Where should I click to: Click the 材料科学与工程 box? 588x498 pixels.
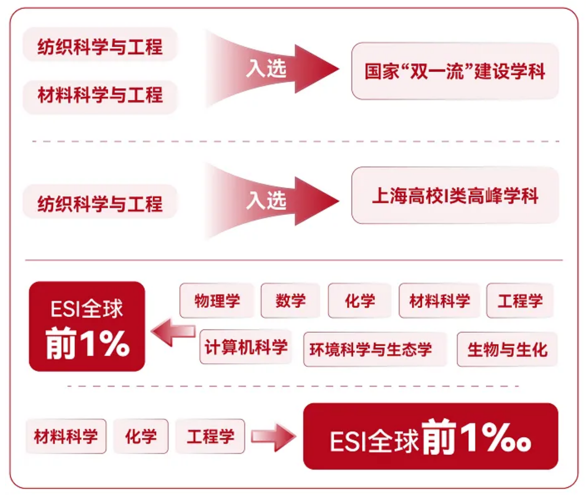pos(100,97)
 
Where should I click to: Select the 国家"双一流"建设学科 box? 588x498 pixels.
pos(455,71)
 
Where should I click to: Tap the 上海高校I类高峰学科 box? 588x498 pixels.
pos(455,195)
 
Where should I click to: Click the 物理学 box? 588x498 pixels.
pos(217,300)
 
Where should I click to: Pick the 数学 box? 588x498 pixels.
pos(290,300)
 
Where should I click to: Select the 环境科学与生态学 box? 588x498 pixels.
pos(375,349)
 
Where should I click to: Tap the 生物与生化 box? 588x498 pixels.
pos(507,349)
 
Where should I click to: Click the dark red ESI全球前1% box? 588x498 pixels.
pos(87,326)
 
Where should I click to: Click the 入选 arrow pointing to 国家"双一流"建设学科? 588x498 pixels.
pos(272,69)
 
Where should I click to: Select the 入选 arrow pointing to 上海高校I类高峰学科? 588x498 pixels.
pos(272,201)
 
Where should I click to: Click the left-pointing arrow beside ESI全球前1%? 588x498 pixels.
pos(173,332)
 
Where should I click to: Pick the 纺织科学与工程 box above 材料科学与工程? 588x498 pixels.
pos(100,44)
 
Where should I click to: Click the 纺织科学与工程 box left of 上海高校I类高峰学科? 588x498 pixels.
pos(100,201)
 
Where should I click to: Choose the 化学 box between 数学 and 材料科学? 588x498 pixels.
pos(360,300)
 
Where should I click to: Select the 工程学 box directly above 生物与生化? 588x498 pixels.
pos(520,300)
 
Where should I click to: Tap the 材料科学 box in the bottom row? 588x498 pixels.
pos(66,436)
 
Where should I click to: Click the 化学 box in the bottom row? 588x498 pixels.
pos(141,436)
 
